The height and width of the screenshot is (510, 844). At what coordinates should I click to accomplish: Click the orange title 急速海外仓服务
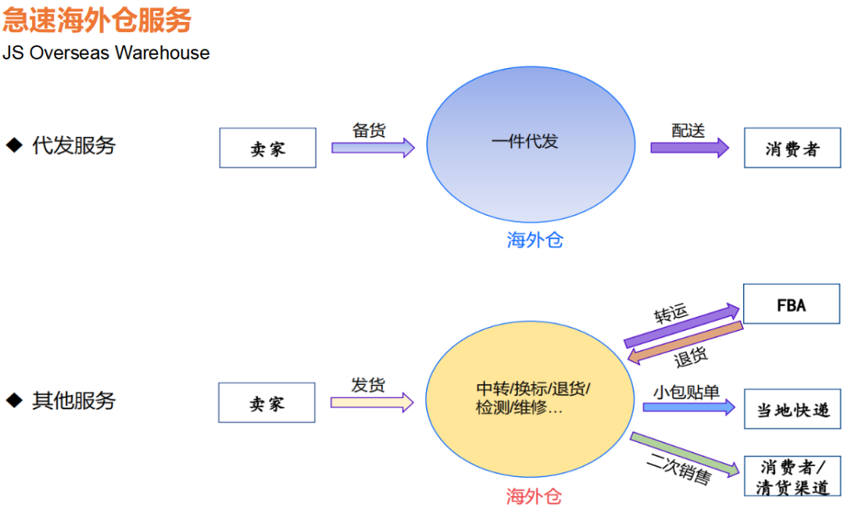(x=97, y=20)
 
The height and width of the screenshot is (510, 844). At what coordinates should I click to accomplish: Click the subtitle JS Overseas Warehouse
(x=105, y=53)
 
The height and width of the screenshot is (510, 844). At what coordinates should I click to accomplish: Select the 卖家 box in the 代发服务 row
(x=267, y=148)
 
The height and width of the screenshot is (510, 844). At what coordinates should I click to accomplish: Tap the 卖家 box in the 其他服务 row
(x=266, y=403)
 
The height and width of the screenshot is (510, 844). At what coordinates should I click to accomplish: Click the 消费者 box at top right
(x=792, y=148)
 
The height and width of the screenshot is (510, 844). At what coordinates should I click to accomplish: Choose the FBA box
(x=791, y=304)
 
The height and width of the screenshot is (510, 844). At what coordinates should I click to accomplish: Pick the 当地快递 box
(x=792, y=409)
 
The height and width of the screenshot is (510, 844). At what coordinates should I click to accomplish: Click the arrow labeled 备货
(x=373, y=148)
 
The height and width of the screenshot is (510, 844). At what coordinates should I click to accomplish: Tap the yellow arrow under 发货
(x=372, y=403)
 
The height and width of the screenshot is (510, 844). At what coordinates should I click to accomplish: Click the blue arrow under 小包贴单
(x=688, y=407)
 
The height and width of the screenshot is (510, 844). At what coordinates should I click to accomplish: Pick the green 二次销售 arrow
(x=685, y=454)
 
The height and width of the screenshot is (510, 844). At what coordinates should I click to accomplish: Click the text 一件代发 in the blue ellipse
(x=525, y=142)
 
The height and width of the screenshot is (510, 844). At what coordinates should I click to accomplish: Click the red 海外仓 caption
(x=534, y=496)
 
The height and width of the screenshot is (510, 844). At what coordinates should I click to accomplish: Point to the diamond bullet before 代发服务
(x=14, y=145)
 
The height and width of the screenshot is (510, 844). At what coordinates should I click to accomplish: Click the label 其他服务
(x=73, y=400)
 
